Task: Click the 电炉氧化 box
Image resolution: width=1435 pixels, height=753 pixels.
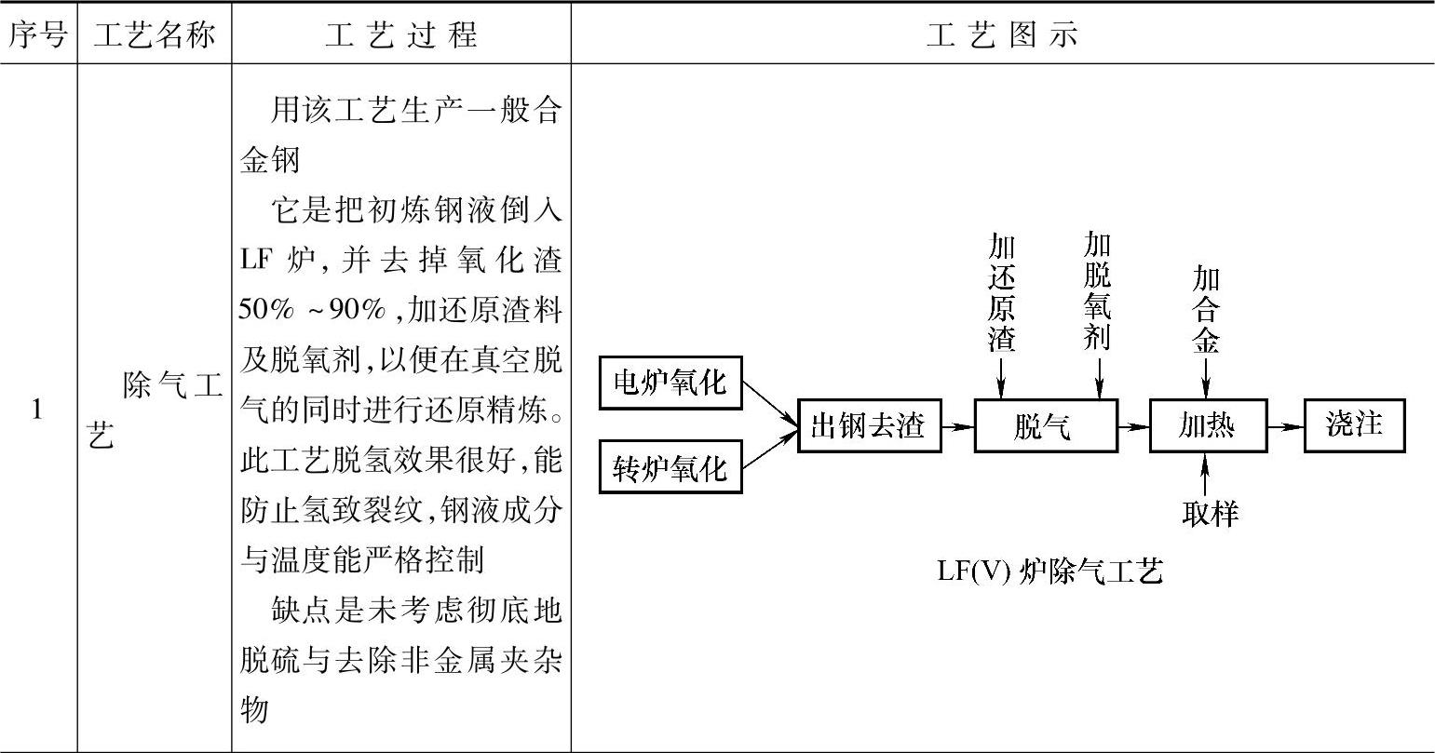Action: point(670,383)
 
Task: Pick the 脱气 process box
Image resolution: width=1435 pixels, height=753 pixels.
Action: point(1045,426)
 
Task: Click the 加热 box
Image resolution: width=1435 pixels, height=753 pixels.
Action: point(1208,426)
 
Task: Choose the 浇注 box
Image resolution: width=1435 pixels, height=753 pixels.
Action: point(1354,425)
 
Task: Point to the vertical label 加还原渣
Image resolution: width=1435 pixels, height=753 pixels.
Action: point(1001,293)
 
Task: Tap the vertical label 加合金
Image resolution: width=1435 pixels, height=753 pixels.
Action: point(1206,310)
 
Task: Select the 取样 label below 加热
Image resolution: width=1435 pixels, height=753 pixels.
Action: point(1210,513)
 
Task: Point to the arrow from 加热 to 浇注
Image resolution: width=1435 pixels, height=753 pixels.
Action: point(1285,426)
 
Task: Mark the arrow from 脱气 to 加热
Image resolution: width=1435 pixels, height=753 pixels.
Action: point(1133,426)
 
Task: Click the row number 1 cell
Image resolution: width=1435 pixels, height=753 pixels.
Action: point(37,409)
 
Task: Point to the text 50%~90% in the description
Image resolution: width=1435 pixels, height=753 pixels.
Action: point(312,311)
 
